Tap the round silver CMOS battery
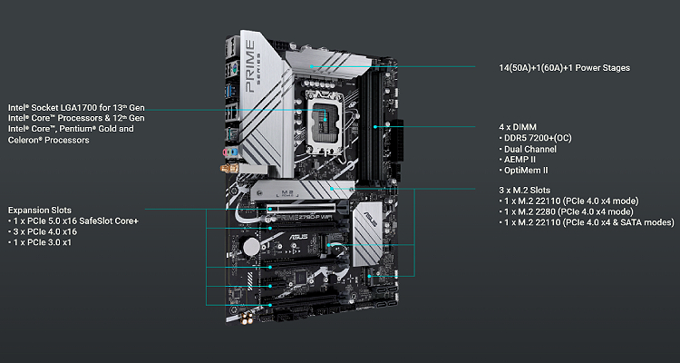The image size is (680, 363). click(251, 247)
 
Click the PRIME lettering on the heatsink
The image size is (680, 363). click(249, 66)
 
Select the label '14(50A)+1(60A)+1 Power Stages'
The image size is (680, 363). click(564, 68)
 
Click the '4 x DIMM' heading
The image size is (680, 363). click(518, 127)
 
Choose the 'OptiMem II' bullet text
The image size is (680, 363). click(523, 171)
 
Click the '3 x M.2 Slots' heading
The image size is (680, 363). click(524, 191)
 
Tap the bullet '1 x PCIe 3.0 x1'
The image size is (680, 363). click(40, 242)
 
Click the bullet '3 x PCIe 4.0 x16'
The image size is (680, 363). click(43, 231)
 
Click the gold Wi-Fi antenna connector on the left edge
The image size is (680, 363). click(227, 168)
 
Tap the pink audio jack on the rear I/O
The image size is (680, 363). click(226, 152)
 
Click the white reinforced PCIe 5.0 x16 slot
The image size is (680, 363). click(305, 209)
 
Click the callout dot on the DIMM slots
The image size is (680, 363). click(375, 127)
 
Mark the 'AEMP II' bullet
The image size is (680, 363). click(518, 160)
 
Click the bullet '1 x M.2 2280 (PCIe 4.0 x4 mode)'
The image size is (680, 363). click(566, 211)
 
